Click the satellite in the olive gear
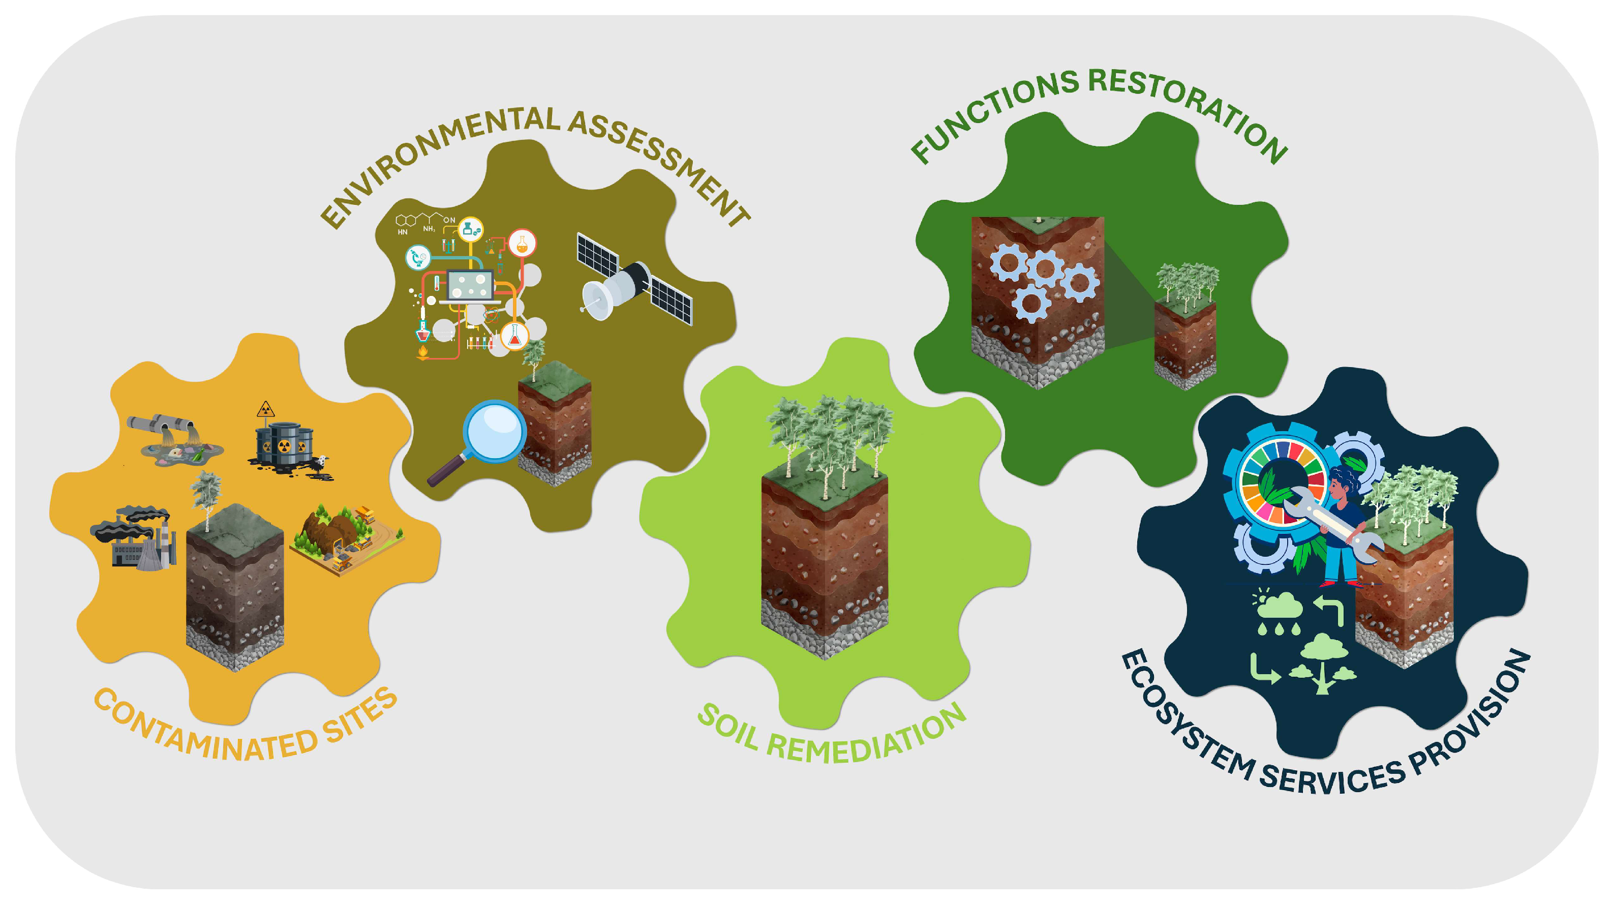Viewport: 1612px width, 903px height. click(x=634, y=279)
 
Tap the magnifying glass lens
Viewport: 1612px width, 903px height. click(x=494, y=431)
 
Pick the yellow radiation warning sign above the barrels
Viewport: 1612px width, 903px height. click(x=266, y=409)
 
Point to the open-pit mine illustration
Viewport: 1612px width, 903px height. click(x=346, y=538)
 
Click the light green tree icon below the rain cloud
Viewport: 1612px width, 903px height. click(x=1322, y=664)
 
